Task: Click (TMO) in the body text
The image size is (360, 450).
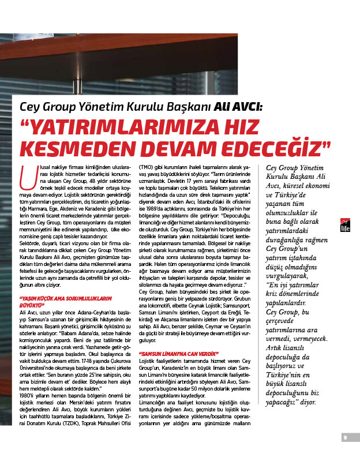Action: tap(145, 167)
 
